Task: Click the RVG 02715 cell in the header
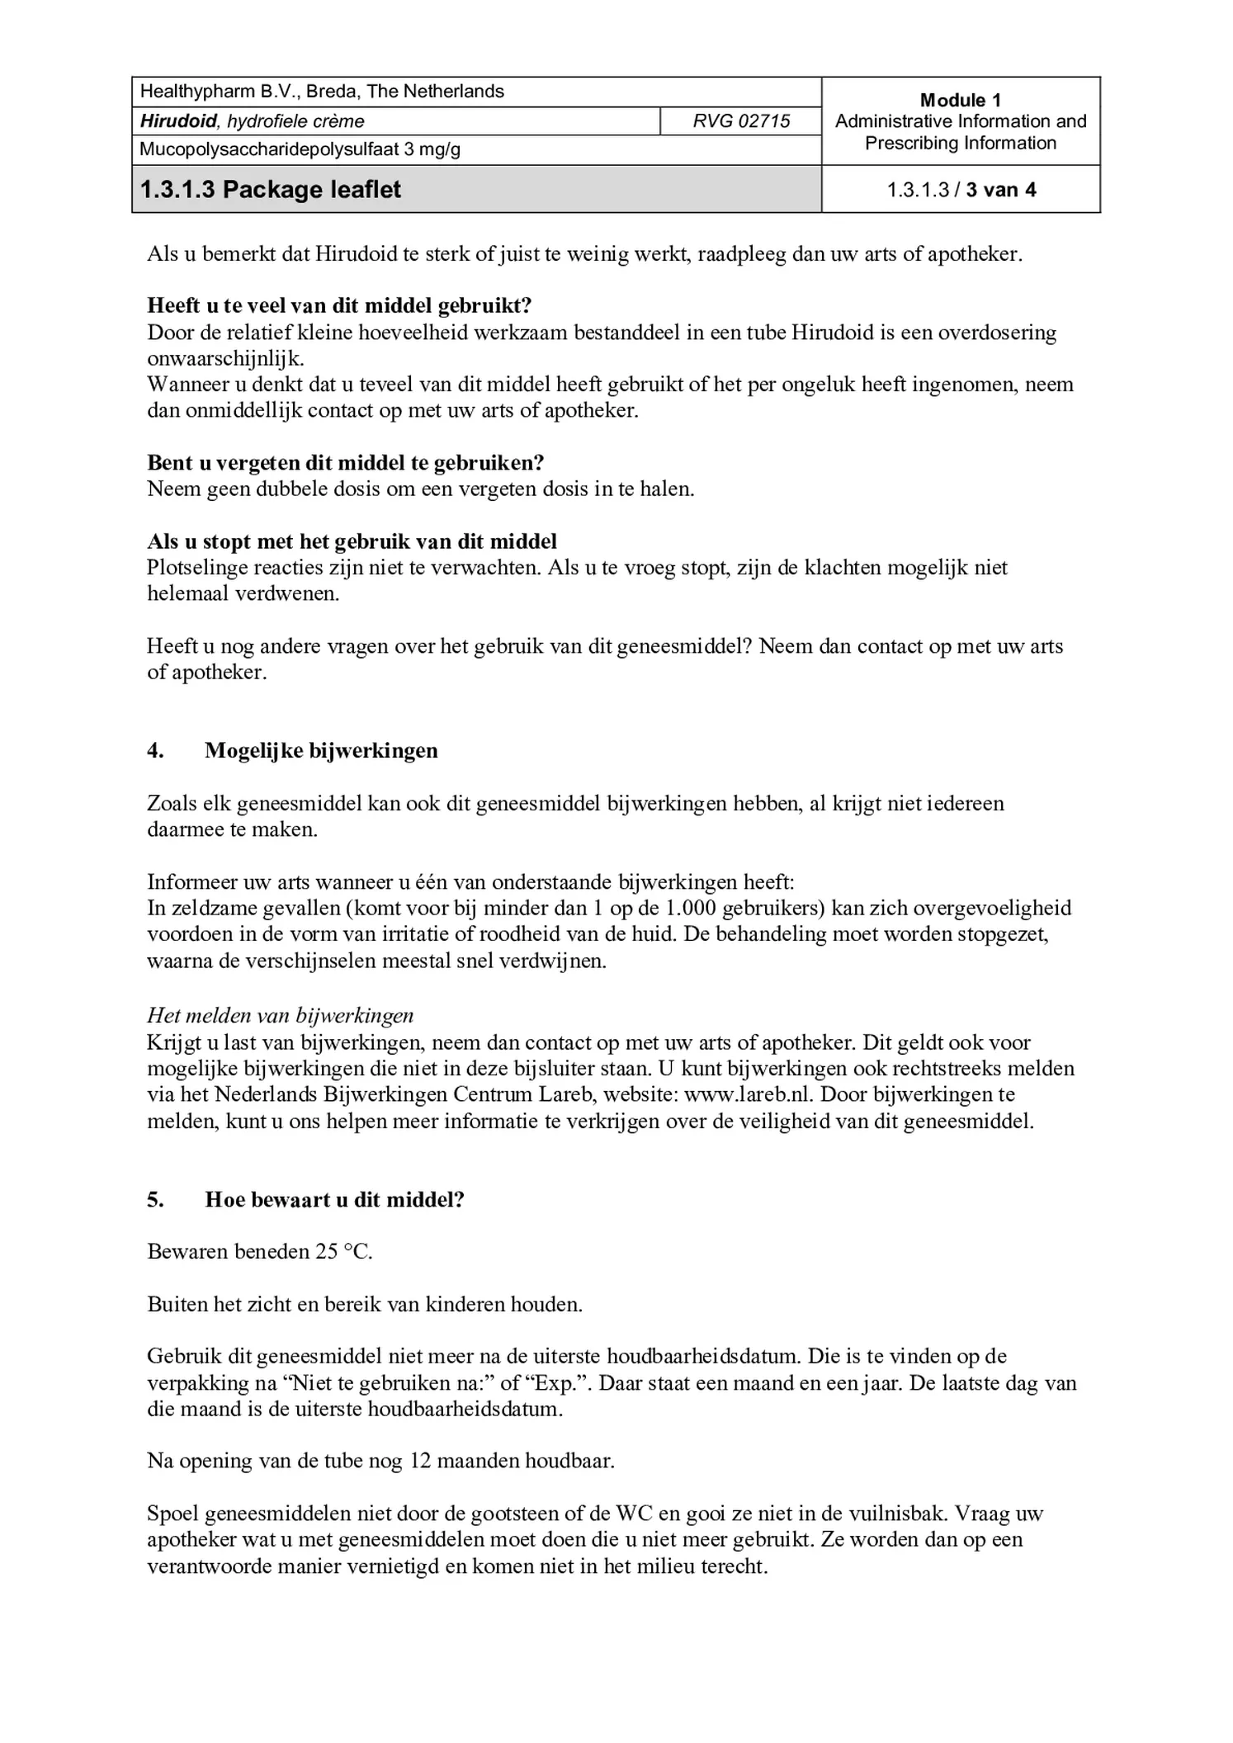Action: click(x=740, y=121)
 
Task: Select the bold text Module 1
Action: click(x=960, y=100)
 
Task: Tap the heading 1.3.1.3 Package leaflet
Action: click(x=271, y=190)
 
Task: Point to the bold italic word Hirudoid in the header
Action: click(x=178, y=121)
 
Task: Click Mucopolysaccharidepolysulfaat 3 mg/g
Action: click(x=300, y=149)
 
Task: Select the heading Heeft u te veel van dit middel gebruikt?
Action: click(x=339, y=305)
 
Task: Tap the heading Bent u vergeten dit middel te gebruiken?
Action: click(x=346, y=462)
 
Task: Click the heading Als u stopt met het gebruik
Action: click(x=352, y=541)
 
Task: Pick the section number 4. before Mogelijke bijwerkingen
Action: click(x=155, y=750)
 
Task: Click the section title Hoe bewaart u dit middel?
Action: click(x=334, y=1199)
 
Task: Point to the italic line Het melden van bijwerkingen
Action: click(x=280, y=1015)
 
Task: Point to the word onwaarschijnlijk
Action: click(x=224, y=358)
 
